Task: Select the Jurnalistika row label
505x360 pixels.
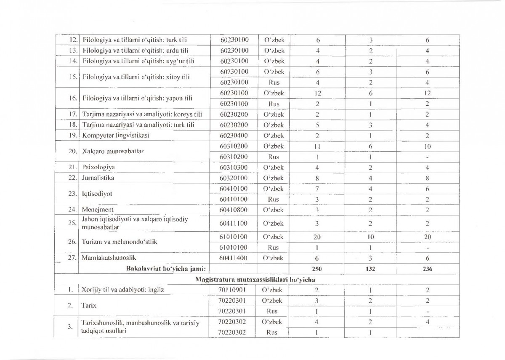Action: point(98,178)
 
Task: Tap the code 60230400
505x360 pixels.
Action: point(234,136)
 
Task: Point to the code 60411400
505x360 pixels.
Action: point(234,258)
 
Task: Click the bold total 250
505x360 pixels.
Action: point(317,268)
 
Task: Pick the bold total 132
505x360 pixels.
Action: point(371,268)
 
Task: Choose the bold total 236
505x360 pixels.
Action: point(427,268)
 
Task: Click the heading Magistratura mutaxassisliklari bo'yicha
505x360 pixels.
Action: point(255,279)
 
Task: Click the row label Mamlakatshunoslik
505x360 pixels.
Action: point(109,257)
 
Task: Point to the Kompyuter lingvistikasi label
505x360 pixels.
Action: point(116,136)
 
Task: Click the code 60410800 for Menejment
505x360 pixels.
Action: point(234,209)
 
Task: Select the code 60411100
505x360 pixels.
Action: point(234,223)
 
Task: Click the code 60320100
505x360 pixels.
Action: point(234,178)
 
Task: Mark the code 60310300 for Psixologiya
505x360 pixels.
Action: point(234,167)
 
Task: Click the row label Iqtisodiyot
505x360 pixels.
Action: point(96,194)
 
